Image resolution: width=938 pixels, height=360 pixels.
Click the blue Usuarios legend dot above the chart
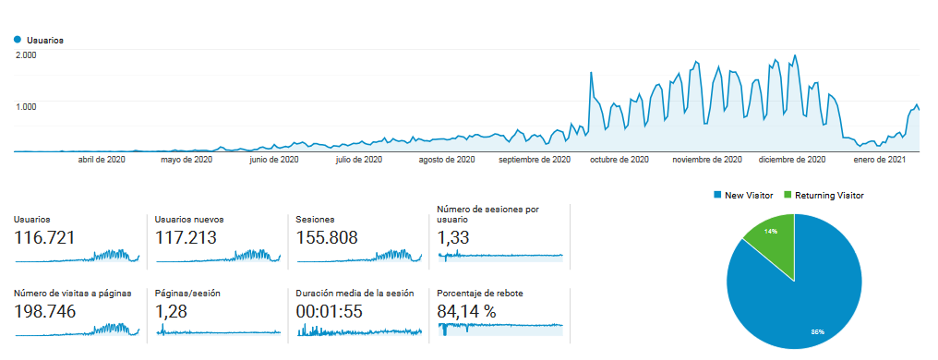point(17,41)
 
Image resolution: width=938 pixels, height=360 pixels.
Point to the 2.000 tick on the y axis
point(26,55)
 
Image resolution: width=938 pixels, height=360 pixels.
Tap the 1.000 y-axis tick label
point(26,106)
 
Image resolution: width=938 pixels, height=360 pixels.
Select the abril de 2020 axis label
point(102,160)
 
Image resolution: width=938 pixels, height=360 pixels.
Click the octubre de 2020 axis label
point(619,160)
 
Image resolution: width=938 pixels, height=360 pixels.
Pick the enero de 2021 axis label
point(878,160)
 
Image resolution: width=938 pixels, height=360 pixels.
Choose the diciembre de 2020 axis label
point(792,160)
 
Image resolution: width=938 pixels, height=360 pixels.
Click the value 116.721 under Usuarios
point(45,238)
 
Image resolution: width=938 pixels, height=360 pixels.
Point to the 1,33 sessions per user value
point(453,238)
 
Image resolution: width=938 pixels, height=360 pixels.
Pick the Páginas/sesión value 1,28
point(172,311)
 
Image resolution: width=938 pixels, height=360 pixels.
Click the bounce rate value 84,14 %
point(467,311)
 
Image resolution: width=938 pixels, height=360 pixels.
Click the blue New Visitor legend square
point(717,196)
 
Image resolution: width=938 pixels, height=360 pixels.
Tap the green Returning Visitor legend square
point(787,196)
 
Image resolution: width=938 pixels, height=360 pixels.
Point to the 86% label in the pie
point(818,331)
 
